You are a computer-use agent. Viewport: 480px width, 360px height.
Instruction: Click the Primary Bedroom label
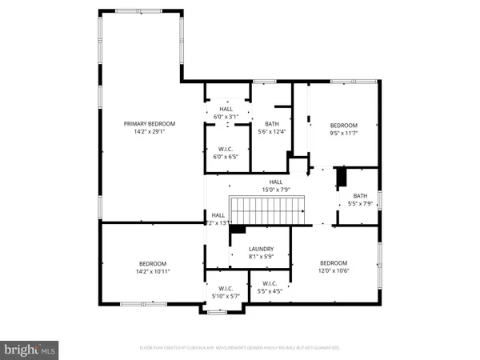[149, 123]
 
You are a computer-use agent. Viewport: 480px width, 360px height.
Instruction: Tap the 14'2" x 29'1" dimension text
[149, 132]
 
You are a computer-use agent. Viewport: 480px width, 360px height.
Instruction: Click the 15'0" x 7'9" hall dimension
[275, 190]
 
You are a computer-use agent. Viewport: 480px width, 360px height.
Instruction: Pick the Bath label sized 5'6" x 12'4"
[271, 123]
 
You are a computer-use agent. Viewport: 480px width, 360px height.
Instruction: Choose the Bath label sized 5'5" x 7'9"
[360, 195]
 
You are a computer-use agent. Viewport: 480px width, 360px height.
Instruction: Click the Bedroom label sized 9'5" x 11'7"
[343, 126]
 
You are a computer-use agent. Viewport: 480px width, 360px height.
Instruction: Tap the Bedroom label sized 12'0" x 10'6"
[334, 263]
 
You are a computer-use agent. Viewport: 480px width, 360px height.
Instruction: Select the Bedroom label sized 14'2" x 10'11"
[153, 264]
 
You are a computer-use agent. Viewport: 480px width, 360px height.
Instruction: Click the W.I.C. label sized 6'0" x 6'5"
[225, 149]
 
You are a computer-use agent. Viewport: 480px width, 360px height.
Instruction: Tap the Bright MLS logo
[30, 349]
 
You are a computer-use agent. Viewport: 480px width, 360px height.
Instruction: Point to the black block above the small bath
[340, 177]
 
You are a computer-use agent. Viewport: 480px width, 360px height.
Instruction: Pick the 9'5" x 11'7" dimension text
[343, 134]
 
